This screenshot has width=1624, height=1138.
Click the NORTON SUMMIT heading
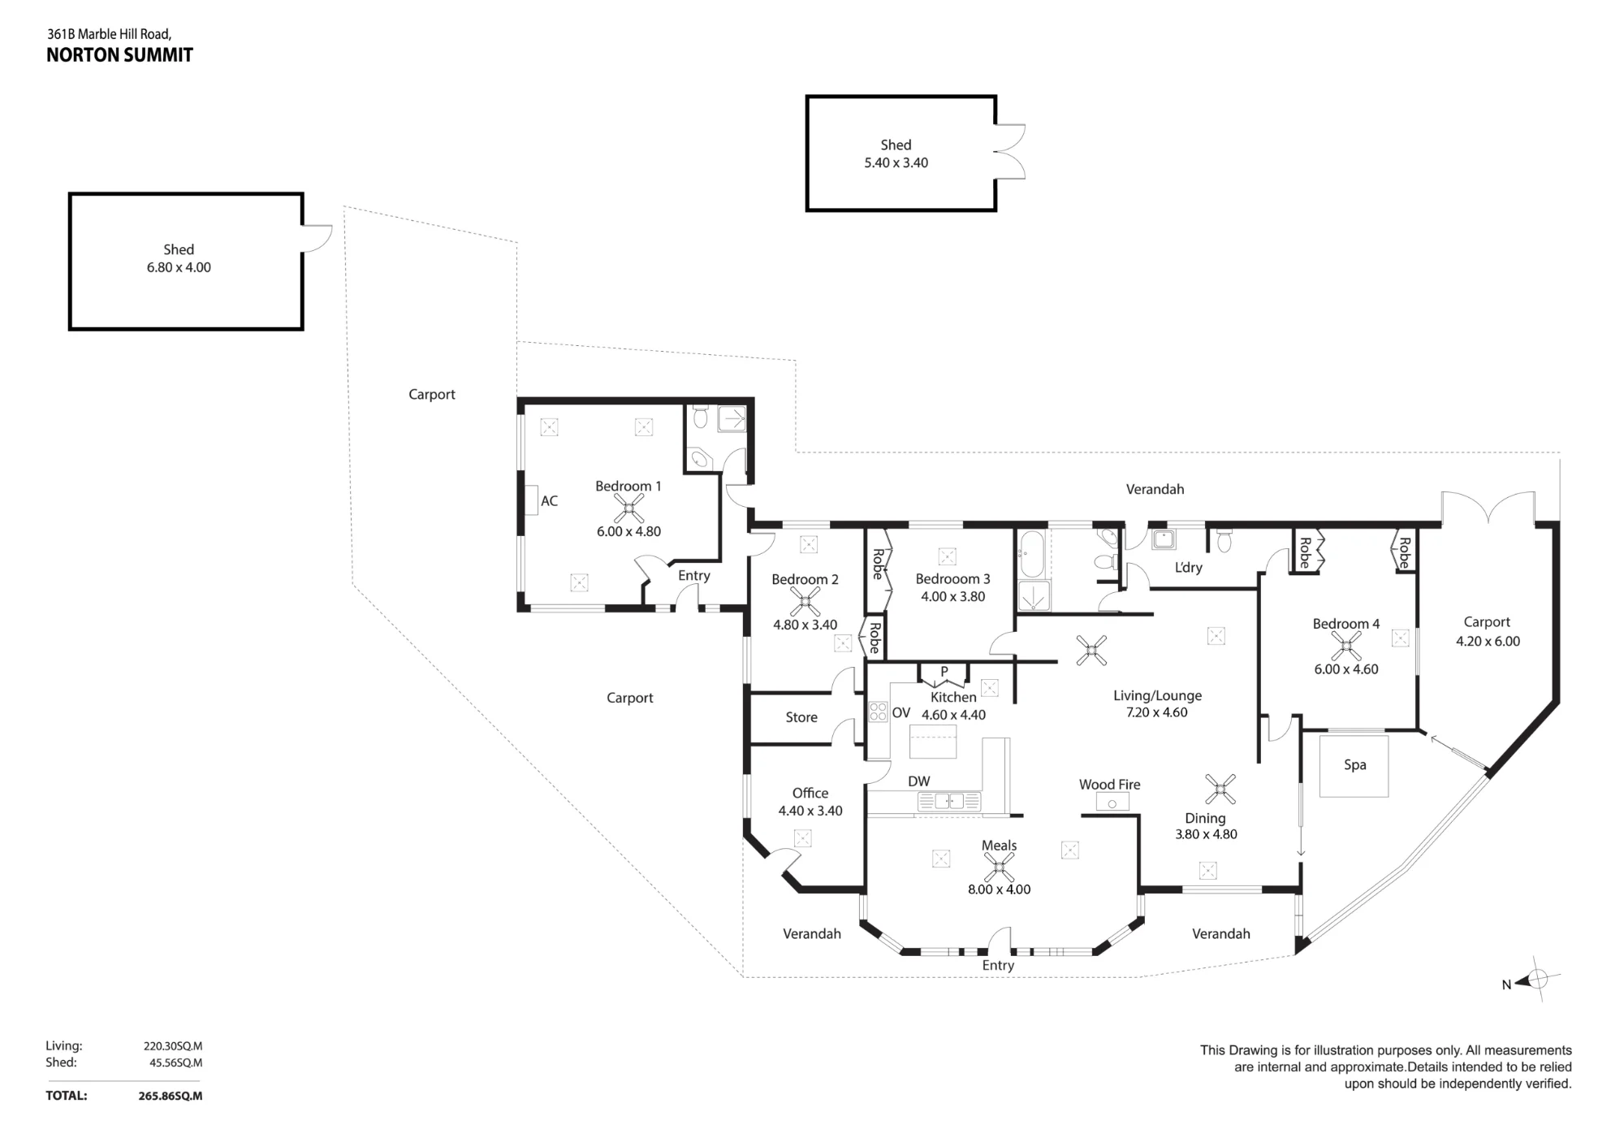tap(119, 55)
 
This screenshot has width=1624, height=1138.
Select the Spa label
tap(1354, 764)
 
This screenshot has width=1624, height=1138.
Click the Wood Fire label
tap(1109, 784)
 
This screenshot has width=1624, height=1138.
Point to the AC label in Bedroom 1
tap(549, 501)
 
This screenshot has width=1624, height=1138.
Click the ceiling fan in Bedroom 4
tap(1345, 647)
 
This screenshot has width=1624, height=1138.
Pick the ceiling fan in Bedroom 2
tap(805, 602)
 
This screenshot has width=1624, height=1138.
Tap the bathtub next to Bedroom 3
tap(1030, 554)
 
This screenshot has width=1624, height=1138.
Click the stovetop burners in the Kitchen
tap(878, 712)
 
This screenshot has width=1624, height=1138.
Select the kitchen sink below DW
tap(948, 802)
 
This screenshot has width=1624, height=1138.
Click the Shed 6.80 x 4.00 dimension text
tap(179, 267)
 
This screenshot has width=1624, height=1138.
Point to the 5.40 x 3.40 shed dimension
tap(896, 162)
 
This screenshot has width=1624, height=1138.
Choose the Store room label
tap(801, 717)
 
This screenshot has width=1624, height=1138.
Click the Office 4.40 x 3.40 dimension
tap(810, 811)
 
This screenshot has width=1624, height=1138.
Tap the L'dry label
tap(1188, 567)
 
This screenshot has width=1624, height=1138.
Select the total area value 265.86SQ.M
tap(171, 1096)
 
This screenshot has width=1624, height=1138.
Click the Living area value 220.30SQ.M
tap(173, 1046)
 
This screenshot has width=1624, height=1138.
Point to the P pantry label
tap(944, 672)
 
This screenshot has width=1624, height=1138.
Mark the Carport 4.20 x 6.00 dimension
tap(1488, 641)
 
